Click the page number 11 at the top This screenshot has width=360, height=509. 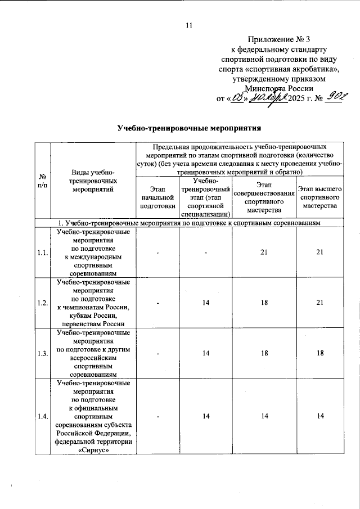189,25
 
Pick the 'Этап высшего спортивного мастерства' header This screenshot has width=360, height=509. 319,197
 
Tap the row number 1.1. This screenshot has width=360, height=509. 41,253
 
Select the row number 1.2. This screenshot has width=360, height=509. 41,303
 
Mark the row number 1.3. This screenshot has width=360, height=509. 41,353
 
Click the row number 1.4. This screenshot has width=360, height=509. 41,416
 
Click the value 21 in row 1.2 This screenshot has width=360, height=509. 319,303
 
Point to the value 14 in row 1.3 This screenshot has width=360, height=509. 205,353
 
